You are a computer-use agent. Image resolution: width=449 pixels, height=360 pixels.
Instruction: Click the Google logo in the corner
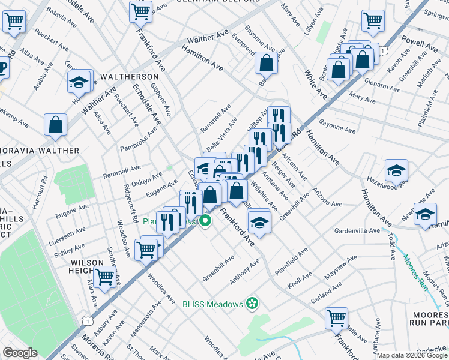coord(20,353)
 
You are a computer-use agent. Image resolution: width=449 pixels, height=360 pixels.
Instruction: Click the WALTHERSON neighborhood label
coord(130,77)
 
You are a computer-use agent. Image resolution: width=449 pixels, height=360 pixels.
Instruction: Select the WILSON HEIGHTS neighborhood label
coord(86,268)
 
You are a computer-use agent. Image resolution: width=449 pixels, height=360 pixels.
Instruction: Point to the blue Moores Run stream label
coord(414,271)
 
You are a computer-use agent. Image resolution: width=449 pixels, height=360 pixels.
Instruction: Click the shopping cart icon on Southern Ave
coord(105,276)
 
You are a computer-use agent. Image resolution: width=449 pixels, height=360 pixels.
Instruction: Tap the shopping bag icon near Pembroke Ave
coord(55,125)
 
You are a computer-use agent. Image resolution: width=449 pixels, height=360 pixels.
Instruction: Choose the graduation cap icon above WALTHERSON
coord(79,82)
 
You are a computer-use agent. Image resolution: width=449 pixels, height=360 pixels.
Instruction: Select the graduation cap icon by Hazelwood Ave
coord(396,171)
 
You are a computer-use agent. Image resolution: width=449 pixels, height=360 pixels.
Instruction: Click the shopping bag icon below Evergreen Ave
coord(265,62)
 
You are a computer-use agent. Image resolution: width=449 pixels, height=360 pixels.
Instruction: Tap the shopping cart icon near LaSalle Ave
coord(337,317)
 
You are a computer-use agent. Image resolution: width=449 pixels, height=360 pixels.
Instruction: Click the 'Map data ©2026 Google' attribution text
coord(412,355)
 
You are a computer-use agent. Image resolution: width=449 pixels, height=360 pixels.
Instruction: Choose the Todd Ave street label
coord(391,244)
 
